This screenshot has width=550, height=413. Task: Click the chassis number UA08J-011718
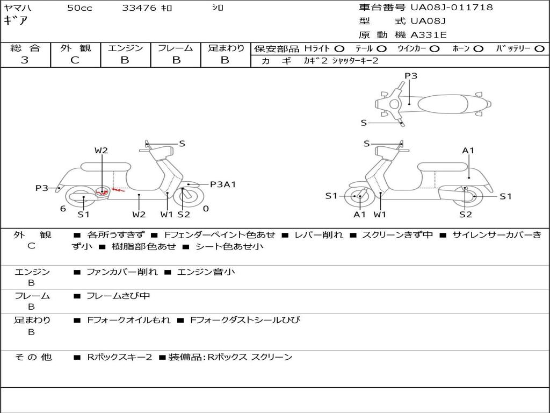[452, 7]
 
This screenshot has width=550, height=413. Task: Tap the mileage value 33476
[139, 8]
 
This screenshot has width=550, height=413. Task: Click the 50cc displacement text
[79, 8]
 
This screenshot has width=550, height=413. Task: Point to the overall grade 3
[25, 60]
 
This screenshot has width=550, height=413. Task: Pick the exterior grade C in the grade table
[75, 60]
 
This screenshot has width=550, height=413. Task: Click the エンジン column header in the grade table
[125, 48]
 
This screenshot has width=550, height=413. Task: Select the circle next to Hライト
[339, 49]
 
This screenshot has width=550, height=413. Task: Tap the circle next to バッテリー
[539, 49]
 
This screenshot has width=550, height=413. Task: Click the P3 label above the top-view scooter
[411, 75]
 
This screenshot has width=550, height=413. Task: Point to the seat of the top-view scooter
[443, 104]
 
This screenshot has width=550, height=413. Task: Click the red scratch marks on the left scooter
[111, 191]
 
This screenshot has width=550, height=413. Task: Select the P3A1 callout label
[223, 184]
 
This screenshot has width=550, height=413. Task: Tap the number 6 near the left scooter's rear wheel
[63, 209]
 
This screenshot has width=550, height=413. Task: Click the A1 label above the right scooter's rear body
[468, 151]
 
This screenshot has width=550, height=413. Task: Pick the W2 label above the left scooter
[101, 151]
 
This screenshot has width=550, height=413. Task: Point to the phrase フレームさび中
[118, 296]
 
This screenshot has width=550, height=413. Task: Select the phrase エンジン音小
[206, 272]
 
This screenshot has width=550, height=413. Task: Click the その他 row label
[33, 357]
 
